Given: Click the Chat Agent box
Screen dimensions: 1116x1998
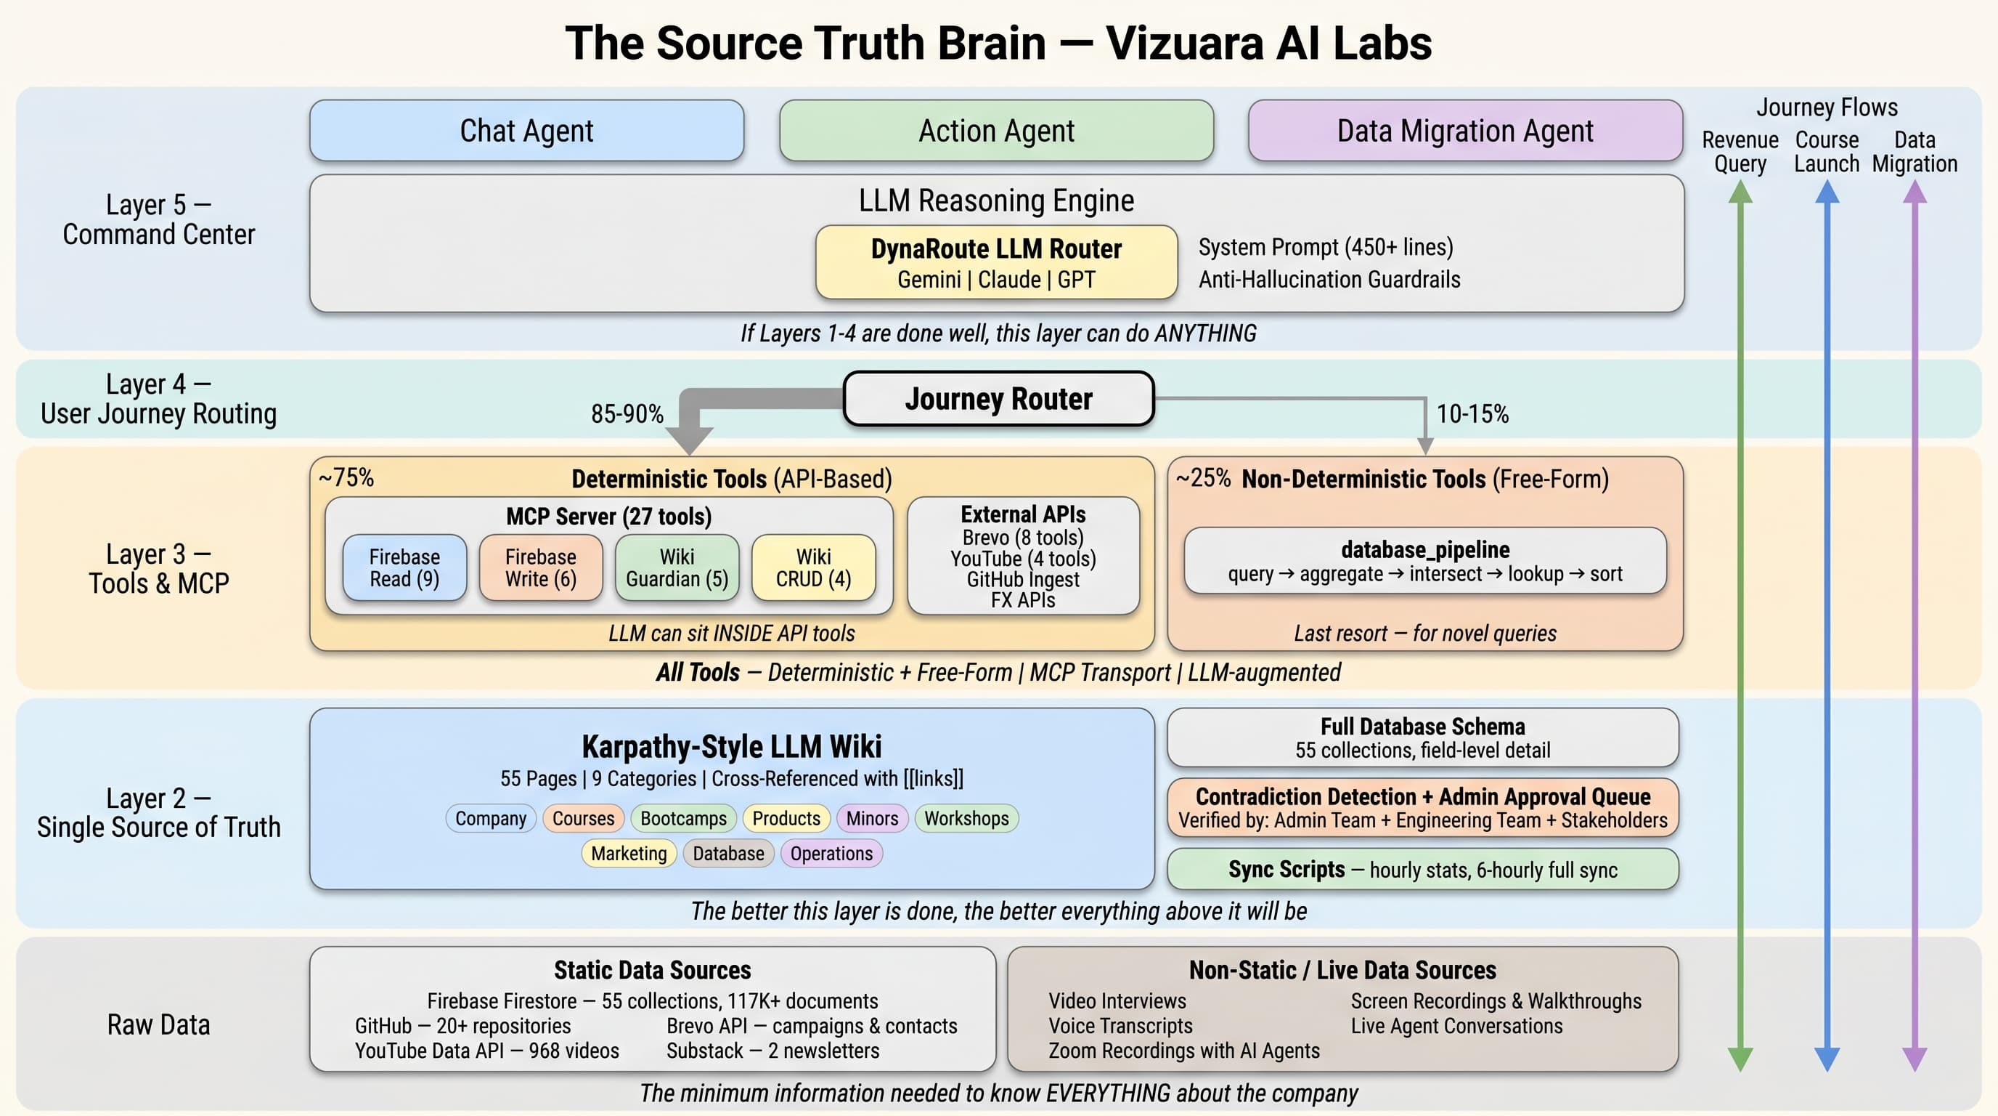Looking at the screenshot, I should pyautogui.click(x=526, y=130).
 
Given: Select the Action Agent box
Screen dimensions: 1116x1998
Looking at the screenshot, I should pyautogui.click(x=996, y=130).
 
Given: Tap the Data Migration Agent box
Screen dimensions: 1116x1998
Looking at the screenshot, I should pyautogui.click(x=1464, y=130).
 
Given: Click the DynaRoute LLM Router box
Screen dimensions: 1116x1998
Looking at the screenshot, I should pyautogui.click(x=996, y=262).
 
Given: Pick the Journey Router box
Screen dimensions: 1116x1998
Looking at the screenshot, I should pyautogui.click(x=998, y=398).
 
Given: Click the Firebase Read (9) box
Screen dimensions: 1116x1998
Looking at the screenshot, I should pyautogui.click(x=404, y=567).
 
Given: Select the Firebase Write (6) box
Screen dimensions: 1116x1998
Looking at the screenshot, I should pyautogui.click(x=541, y=567).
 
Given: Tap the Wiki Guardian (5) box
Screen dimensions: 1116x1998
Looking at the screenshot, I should pyautogui.click(x=677, y=567).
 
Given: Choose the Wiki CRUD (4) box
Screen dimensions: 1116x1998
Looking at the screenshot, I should pyautogui.click(x=813, y=567).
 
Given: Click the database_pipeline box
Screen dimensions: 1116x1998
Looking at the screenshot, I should pyautogui.click(x=1425, y=561).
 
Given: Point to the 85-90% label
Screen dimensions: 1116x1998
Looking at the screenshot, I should pyautogui.click(x=627, y=413).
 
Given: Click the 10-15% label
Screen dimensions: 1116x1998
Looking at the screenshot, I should pyautogui.click(x=1472, y=413).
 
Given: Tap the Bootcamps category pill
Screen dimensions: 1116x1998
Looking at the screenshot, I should pyautogui.click(x=683, y=818).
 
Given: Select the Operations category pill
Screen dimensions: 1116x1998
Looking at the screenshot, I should pyautogui.click(x=831, y=854).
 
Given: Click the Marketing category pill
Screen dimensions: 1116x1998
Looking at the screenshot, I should pyautogui.click(x=628, y=854).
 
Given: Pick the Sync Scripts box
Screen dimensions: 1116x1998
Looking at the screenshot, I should pyautogui.click(x=1422, y=869).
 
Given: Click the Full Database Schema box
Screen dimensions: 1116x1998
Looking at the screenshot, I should pyautogui.click(x=1422, y=737).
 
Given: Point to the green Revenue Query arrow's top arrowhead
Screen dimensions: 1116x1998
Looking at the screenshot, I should pyautogui.click(x=1740, y=192).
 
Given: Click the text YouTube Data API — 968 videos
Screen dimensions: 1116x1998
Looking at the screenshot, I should pyautogui.click(x=486, y=1051).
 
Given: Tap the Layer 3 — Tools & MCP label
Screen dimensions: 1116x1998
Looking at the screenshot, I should pyautogui.click(x=158, y=568).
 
